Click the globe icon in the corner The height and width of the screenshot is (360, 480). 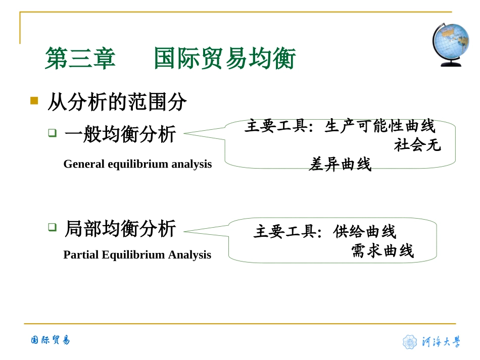pos(450,44)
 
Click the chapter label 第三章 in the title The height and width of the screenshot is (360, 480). pos(80,59)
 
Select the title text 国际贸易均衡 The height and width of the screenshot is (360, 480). pos(224,59)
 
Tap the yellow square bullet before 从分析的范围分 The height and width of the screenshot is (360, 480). pos(34,100)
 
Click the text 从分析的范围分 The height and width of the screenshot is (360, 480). pos(117,102)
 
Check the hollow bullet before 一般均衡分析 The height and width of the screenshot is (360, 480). pos(53,133)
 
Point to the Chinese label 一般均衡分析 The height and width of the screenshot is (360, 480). pos(120,134)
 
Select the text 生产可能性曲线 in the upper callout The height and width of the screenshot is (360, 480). pos(379,126)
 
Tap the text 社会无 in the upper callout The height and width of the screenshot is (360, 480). pos(417,145)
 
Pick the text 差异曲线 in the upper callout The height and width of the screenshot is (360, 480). pos(340,164)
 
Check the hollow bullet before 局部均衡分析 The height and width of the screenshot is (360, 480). pos(53,227)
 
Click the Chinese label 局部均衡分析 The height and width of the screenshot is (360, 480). pos(120,229)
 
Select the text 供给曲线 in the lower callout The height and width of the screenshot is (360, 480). pos(365,232)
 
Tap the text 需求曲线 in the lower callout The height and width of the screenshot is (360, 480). pos(382,251)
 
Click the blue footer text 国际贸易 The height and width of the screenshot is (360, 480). pos(50,340)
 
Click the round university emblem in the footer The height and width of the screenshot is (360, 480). pos(410,342)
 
